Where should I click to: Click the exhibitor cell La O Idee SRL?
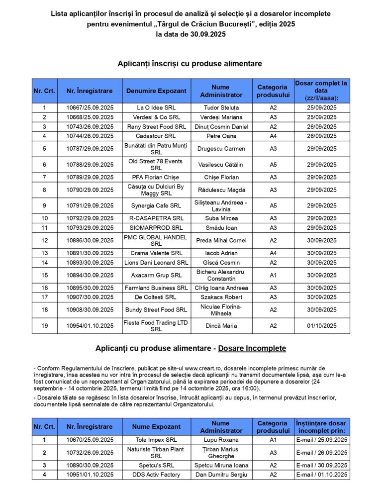coord(156,107)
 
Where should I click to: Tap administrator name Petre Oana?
coord(221,136)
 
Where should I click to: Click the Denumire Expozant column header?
coord(156,91)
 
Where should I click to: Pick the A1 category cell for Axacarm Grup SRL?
coord(273,275)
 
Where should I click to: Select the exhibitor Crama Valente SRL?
coord(156,253)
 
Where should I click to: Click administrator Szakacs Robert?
coord(221,297)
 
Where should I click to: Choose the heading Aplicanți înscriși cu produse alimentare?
coord(190,64)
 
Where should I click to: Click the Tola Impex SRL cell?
coord(156,440)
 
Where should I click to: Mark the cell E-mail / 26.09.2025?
coord(321,453)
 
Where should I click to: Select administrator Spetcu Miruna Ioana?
coord(221,465)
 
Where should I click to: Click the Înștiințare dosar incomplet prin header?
coord(321,427)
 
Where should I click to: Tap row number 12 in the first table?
coord(44,240)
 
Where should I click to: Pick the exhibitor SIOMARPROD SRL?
coord(156,228)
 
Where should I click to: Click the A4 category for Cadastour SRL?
coord(273,136)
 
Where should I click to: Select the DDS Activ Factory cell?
coord(156,475)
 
